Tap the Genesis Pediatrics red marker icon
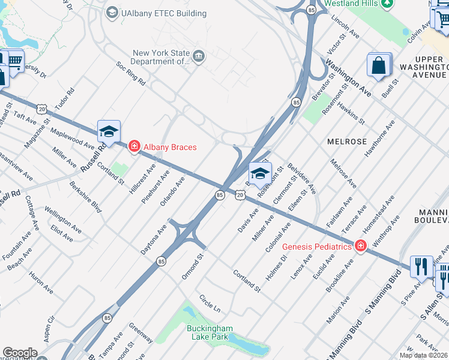coord(360,246)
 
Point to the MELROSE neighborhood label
coord(347,140)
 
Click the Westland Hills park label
coord(351,4)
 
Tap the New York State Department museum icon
coord(199,56)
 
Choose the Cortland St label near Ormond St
coord(247,280)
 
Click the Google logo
coord(20,353)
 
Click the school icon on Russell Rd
coord(109,131)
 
